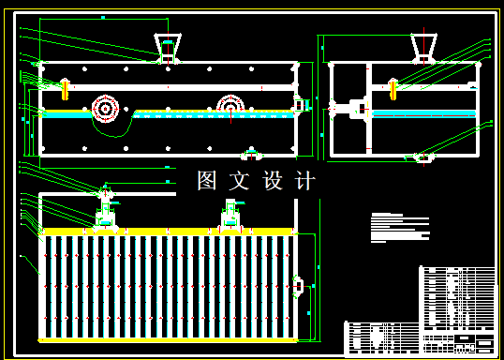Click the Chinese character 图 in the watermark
pos(208,181)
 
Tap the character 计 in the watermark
pos(305,181)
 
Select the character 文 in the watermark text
pos(241,181)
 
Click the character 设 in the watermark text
pos(274,181)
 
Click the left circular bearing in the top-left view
pos(104,110)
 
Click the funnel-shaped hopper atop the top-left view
pos(169,47)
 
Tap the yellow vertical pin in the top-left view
pos(65,88)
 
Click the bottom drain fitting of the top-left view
pos(250,153)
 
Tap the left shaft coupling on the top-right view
pos(354,109)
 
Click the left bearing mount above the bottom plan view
pos(105,214)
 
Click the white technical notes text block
pos(398,228)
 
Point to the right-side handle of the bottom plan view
pos(299,286)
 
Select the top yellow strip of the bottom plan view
pos(169,231)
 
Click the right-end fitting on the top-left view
pos(300,108)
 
